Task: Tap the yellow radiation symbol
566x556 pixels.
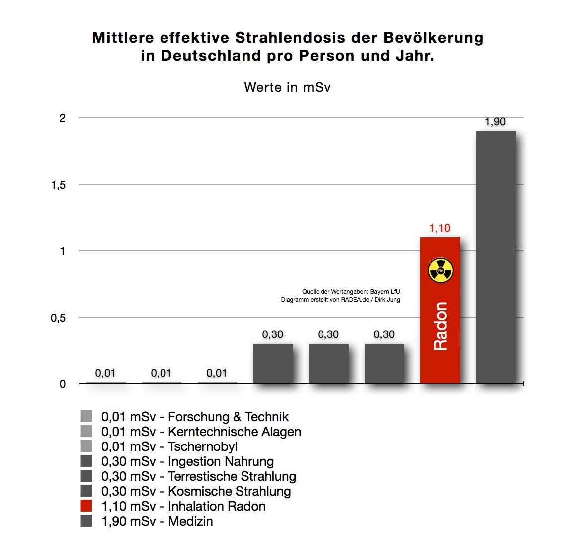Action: [440, 271]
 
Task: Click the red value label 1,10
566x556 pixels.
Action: [440, 228]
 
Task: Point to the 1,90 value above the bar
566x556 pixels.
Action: [495, 122]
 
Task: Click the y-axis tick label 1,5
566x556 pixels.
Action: [58, 185]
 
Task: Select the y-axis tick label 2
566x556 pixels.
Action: [63, 118]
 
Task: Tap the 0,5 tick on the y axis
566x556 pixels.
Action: [58, 318]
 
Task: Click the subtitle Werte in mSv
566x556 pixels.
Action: [287, 87]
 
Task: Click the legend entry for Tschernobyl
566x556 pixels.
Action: [169, 446]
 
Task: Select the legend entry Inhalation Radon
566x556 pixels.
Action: [183, 506]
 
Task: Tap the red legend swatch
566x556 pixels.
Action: [86, 506]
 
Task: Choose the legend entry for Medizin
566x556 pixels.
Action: [157, 521]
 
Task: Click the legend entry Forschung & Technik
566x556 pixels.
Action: [195, 417]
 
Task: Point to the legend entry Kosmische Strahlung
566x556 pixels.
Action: [196, 491]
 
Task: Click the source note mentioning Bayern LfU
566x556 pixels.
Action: [350, 292]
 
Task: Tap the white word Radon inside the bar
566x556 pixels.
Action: [440, 326]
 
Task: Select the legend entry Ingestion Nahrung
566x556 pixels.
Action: [187, 461]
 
